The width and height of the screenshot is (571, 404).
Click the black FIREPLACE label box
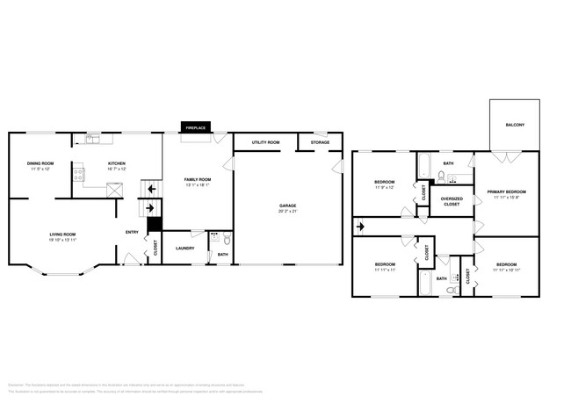[x=195, y=128]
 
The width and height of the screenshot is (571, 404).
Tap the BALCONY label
[x=515, y=125]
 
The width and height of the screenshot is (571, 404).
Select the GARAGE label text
[x=287, y=206]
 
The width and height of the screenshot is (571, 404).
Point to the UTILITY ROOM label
[x=265, y=141]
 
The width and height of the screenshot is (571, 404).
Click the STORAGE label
[x=320, y=141]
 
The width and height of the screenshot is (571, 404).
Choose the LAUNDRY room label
[x=184, y=248]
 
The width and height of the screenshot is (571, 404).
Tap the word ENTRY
[x=132, y=232]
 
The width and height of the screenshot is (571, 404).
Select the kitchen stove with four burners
[x=77, y=171]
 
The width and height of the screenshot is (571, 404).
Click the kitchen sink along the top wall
[x=93, y=138]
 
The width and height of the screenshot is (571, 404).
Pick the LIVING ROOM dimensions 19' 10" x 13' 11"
[x=61, y=240]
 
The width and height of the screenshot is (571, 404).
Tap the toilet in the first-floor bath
[x=227, y=238]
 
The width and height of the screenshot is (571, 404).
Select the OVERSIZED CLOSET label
[x=452, y=201]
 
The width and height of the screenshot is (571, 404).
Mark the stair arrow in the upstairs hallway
[x=360, y=227]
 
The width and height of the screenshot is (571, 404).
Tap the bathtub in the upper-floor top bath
[x=423, y=165]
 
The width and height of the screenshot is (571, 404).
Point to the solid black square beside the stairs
[x=154, y=223]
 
